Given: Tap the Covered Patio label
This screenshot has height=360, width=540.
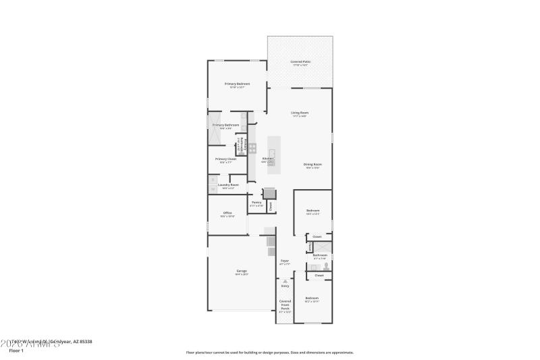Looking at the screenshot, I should (300, 62).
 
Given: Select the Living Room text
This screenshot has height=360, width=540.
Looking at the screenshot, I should (300, 113).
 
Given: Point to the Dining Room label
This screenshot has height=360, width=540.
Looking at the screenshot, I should (312, 165).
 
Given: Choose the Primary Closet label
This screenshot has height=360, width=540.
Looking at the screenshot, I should (225, 159).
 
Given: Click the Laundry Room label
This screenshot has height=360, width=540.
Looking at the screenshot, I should (228, 185).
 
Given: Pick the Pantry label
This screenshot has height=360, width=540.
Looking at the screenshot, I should (256, 203).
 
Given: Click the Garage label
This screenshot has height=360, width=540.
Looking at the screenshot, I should (241, 271).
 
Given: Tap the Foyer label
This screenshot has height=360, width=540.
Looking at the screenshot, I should (285, 261).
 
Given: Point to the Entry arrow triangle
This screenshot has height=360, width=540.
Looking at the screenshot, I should (285, 281).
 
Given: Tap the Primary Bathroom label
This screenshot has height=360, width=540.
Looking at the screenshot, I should (226, 126).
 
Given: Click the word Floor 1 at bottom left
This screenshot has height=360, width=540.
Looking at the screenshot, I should (16, 351).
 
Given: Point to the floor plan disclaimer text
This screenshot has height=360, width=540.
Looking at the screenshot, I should (269, 352).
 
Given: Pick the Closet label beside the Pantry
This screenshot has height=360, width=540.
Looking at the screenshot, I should (270, 206).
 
